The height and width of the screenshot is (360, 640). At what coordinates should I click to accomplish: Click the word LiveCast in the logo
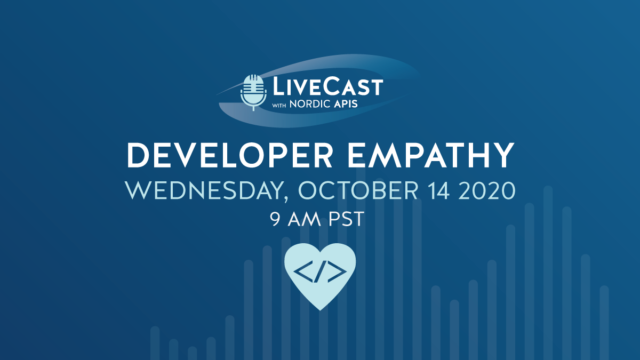click(x=326, y=86)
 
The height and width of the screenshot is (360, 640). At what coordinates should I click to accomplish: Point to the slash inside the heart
click(x=320, y=272)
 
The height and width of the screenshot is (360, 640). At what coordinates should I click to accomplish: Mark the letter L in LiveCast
click(x=276, y=87)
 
